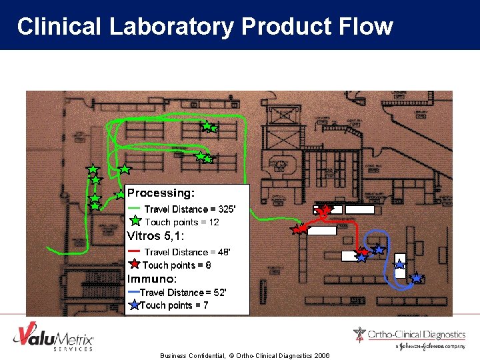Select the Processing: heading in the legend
pos(161,193)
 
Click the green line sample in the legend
pos(134,209)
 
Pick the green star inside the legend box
pos(135,221)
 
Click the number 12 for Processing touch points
pos(213,222)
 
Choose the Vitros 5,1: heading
pos(155,236)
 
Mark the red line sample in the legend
pos(134,251)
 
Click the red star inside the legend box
pos(135,265)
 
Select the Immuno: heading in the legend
pos(152,279)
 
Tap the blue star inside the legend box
pos(134,305)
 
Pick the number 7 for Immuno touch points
pos(206,305)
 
